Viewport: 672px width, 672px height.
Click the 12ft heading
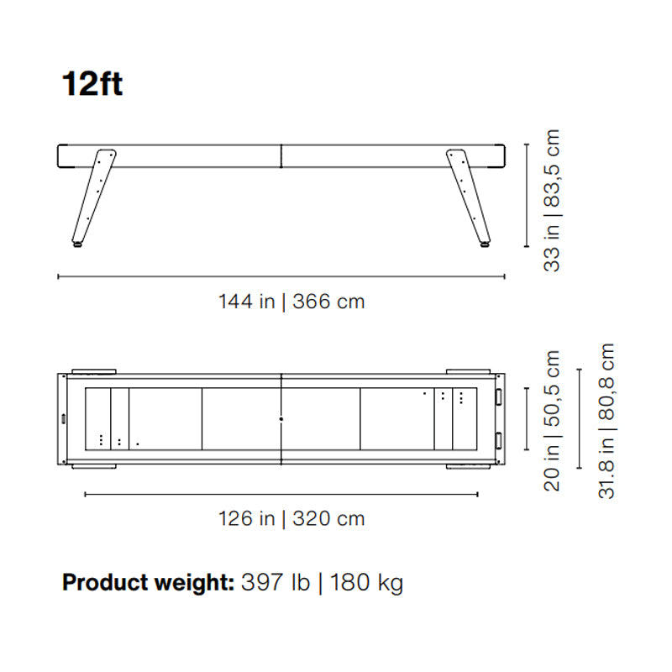pos(92,83)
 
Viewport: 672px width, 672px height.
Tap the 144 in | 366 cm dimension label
pos(291,302)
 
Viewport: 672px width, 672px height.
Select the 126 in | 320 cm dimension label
pos(291,518)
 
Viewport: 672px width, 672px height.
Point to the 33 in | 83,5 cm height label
pos(552,200)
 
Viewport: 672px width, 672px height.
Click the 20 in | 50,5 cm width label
pos(552,421)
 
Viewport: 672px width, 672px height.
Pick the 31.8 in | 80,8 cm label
pos(606,421)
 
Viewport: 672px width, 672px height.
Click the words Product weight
pos(148,583)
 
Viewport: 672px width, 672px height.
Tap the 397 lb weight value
pos(276,582)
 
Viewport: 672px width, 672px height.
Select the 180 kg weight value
pos(366,583)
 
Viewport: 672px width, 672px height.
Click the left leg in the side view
pos(93,197)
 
